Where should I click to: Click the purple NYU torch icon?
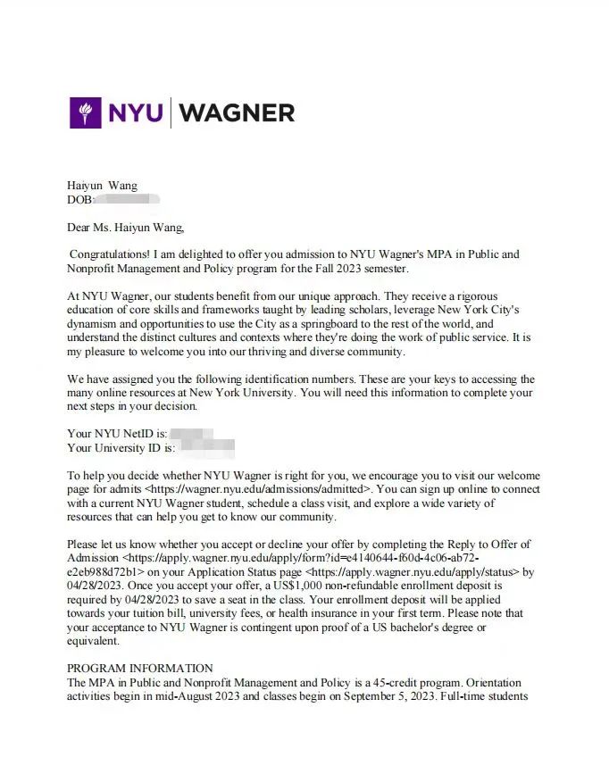pyautogui.click(x=86, y=112)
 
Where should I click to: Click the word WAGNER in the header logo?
pyautogui.click(x=237, y=112)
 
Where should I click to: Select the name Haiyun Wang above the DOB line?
pyautogui.click(x=103, y=186)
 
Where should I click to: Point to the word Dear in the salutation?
pyautogui.click(x=81, y=227)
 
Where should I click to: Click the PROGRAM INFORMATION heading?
pyautogui.click(x=140, y=668)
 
